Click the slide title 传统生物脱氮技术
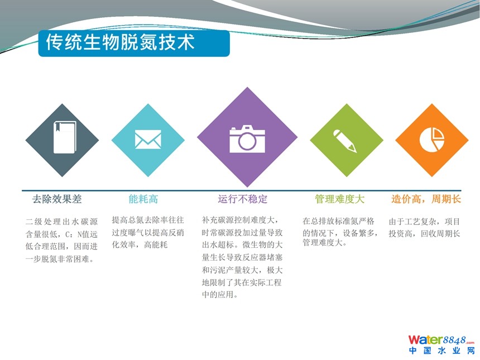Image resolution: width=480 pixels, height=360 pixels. pyautogui.click(x=121, y=42)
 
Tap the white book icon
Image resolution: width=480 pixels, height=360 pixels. pyautogui.click(x=65, y=137)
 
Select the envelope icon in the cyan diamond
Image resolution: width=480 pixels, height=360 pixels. pyautogui.click(x=148, y=140)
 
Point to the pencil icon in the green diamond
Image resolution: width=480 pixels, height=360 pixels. pyautogui.click(x=345, y=141)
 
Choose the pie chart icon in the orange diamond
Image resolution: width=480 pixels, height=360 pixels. pyautogui.click(x=431, y=140)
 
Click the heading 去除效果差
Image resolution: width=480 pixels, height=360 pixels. pyautogui.click(x=57, y=199)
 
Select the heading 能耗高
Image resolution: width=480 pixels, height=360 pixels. pyautogui.click(x=143, y=199)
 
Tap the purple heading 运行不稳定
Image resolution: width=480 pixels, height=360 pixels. pyautogui.click(x=242, y=199)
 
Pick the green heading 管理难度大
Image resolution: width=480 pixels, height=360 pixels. pyautogui.click(x=340, y=199)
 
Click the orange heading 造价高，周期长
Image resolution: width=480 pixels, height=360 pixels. pyautogui.click(x=426, y=199)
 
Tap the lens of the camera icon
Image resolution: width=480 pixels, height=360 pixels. pyautogui.click(x=247, y=141)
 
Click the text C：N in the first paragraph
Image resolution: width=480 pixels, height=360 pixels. pyautogui.click(x=74, y=234)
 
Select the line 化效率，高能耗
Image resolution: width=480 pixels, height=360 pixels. pyautogui.click(x=140, y=245)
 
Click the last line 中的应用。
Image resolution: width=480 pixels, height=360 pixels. pyautogui.click(x=220, y=295)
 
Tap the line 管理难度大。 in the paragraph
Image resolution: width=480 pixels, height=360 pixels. pyautogui.click(x=324, y=243)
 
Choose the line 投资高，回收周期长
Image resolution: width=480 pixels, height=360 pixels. pyautogui.click(x=424, y=234)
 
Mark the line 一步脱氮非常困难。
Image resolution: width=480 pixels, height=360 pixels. pyautogui.click(x=60, y=260)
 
